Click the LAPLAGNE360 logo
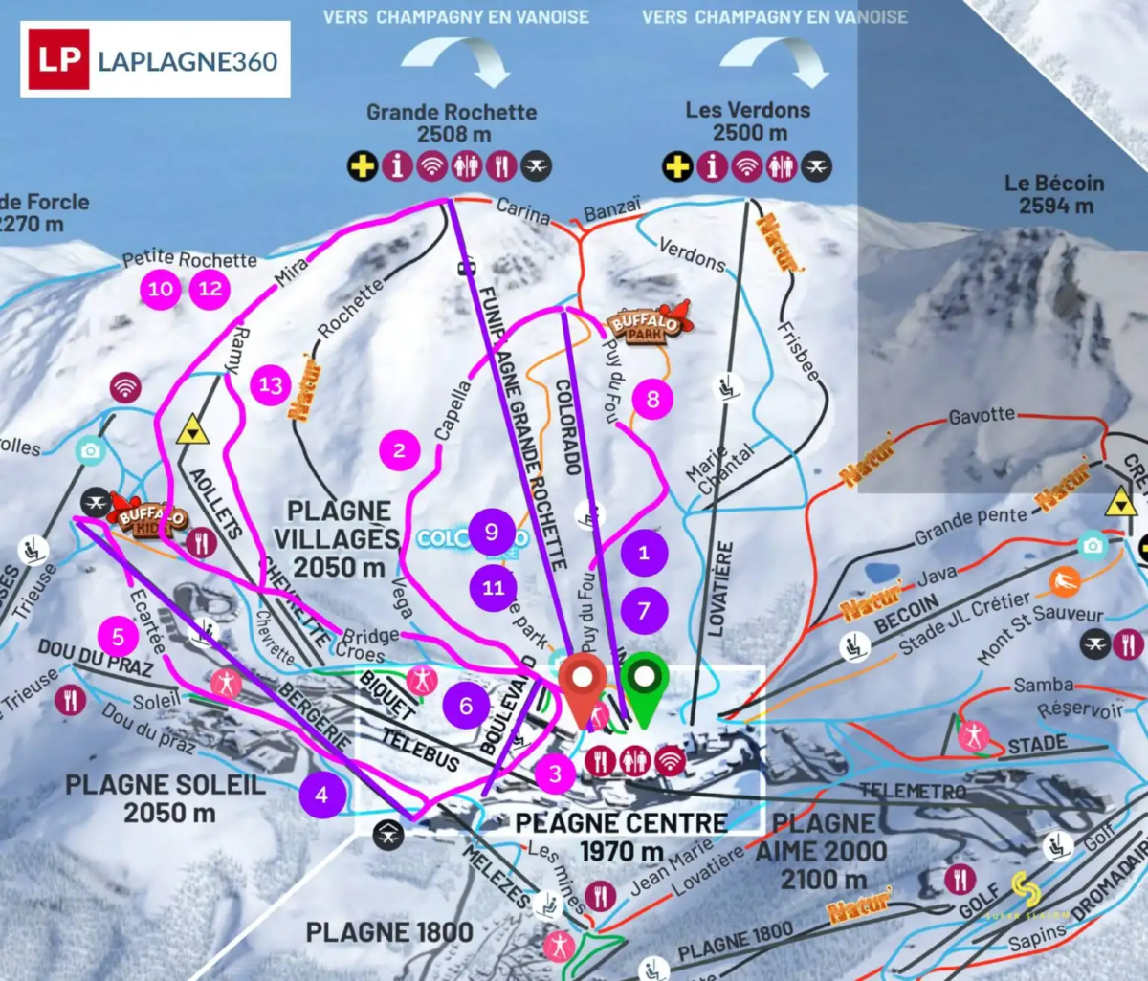pyautogui.click(x=155, y=59)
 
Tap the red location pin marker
pyautogui.click(x=583, y=683)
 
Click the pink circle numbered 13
pyautogui.click(x=271, y=385)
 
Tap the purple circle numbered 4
pyautogui.click(x=321, y=795)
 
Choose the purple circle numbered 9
pyautogui.click(x=492, y=532)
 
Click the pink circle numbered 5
pyautogui.click(x=119, y=636)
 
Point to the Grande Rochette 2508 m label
pyautogui.click(x=452, y=122)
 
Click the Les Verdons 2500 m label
pyautogui.click(x=748, y=120)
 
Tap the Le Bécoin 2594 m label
pyautogui.click(x=1054, y=193)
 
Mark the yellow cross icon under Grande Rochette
pyautogui.click(x=363, y=166)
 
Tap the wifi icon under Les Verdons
pyautogui.click(x=746, y=166)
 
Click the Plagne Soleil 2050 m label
pyautogui.click(x=166, y=798)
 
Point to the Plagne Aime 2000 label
pyautogui.click(x=828, y=851)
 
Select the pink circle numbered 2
pyautogui.click(x=399, y=450)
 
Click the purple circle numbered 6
pyautogui.click(x=466, y=706)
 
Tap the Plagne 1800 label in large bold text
pyautogui.click(x=389, y=932)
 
